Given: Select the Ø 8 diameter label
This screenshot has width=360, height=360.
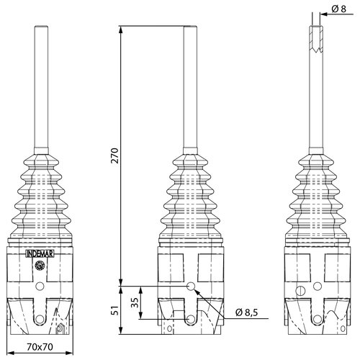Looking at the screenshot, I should tap(341, 9).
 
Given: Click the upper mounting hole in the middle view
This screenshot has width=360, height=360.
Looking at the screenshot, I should tap(191, 287).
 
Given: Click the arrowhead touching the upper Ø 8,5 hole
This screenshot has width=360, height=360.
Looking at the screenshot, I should tap(198, 293).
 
